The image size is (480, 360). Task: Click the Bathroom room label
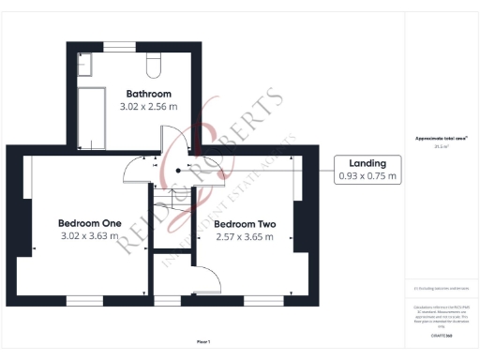(x=148, y=94)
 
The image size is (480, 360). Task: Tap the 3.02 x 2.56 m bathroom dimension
(x=148, y=107)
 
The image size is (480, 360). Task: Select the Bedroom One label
(x=90, y=223)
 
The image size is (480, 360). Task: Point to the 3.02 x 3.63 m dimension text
(x=90, y=236)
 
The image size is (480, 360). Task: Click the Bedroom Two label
(x=244, y=224)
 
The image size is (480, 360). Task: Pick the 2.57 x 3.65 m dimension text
(x=244, y=236)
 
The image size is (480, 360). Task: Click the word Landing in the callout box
(x=367, y=162)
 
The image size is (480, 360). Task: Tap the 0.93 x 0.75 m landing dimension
(x=367, y=175)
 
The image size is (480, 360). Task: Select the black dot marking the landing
(x=179, y=171)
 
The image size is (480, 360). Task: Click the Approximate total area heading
(x=441, y=139)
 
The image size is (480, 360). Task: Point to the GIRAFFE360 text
(x=441, y=334)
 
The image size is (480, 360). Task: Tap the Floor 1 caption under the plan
(x=203, y=340)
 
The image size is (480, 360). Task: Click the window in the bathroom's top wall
(x=117, y=46)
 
